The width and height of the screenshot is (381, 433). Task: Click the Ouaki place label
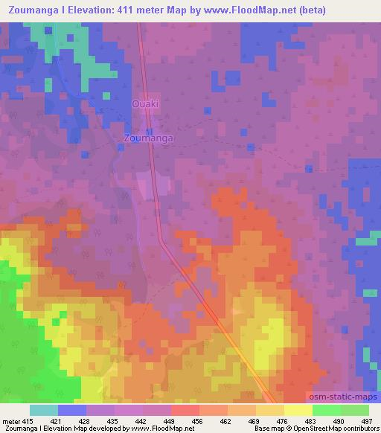tap(144, 104)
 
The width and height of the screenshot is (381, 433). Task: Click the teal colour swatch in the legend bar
tap(44, 411)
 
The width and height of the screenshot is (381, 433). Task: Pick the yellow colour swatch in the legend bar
tap(298, 411)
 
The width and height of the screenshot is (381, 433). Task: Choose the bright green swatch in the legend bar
tap(326, 411)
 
